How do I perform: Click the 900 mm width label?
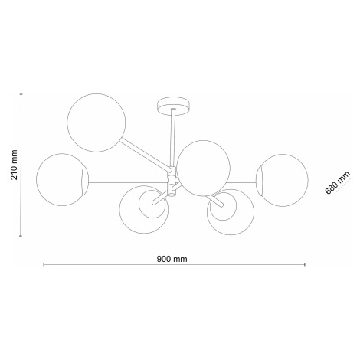(172, 259)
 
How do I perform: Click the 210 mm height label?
(15, 165)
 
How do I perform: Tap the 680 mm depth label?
(338, 182)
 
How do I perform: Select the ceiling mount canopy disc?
(174, 106)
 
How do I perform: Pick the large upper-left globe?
(97, 123)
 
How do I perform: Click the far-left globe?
(63, 179)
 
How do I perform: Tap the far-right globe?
(282, 180)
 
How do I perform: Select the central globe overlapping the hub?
(204, 169)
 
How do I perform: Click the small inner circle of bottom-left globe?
(152, 205)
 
